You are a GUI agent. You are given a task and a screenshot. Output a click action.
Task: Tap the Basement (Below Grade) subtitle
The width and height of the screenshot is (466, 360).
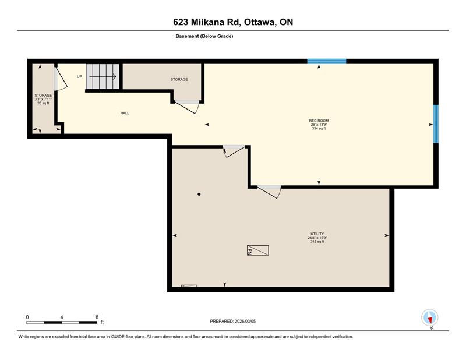(x=204, y=36)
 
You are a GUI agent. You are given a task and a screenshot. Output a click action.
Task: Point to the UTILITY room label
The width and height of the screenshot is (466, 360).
(x=317, y=233)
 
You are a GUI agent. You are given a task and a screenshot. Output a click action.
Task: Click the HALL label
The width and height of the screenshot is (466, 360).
(x=125, y=113)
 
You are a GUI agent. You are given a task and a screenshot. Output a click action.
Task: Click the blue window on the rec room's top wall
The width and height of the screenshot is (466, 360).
(x=327, y=61)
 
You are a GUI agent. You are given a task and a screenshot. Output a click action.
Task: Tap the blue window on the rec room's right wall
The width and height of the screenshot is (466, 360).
(x=436, y=124)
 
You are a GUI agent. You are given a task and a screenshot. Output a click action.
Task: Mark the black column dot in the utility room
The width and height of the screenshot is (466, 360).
(x=199, y=194)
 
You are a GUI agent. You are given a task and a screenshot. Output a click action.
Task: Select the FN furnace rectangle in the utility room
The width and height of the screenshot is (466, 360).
(x=258, y=250)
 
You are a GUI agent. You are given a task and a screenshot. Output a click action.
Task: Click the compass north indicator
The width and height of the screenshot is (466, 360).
(x=429, y=318)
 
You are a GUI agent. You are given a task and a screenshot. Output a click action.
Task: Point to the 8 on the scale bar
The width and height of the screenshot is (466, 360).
(x=97, y=317)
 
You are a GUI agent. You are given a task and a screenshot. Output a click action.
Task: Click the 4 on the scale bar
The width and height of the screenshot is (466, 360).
(x=62, y=317)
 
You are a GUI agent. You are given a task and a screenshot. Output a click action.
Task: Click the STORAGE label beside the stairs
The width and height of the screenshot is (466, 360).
(x=179, y=79)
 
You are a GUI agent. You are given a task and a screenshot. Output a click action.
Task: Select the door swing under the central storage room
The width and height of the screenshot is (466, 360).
(x=188, y=106)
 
